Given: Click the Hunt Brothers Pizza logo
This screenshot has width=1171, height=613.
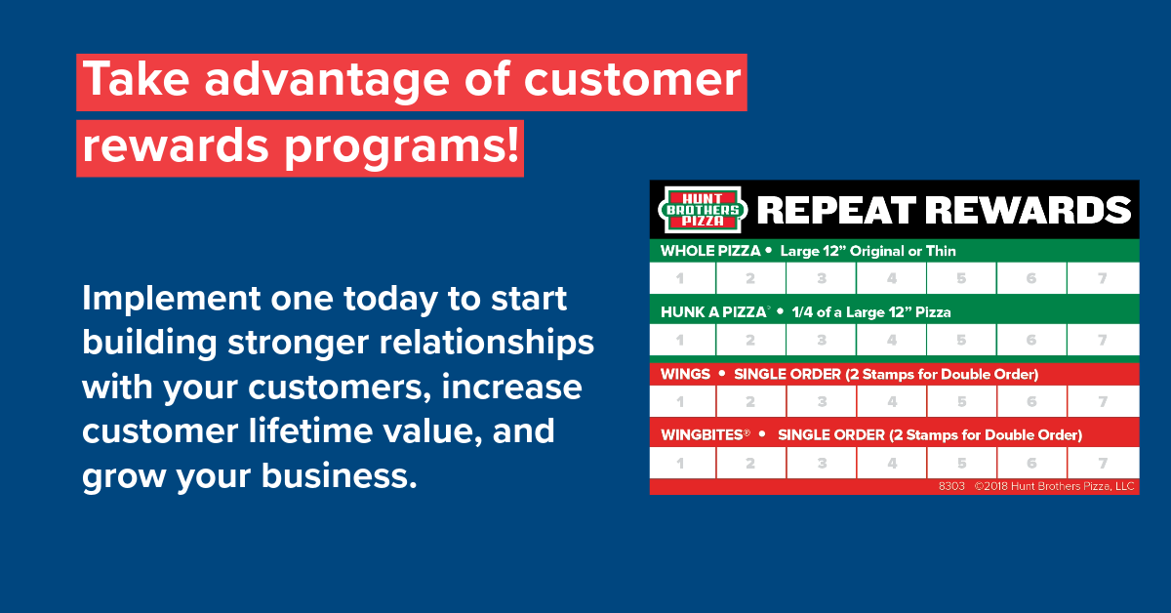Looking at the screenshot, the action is click(702, 210).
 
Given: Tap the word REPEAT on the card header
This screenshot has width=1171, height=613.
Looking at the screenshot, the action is click(836, 210).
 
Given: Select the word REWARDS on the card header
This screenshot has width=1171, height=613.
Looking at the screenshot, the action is click(1029, 210).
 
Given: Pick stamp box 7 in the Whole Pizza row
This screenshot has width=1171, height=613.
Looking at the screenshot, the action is click(1103, 278).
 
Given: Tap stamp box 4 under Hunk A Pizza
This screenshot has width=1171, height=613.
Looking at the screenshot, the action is click(892, 340).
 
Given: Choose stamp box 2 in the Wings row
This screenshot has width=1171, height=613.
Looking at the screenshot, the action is click(750, 402).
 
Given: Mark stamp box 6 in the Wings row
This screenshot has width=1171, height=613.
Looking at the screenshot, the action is click(1032, 402).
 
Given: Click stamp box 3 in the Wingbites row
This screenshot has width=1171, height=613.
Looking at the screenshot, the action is click(822, 463).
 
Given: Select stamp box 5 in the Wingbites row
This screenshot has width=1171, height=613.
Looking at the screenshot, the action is click(962, 463).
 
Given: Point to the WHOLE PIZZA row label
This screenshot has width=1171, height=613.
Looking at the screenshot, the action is click(710, 251).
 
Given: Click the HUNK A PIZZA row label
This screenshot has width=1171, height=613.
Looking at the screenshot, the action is click(713, 312).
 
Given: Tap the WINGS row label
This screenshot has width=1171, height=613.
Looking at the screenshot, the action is click(685, 374).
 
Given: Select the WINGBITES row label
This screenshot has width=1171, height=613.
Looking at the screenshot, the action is click(704, 434).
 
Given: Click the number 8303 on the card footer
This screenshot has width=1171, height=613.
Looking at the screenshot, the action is click(951, 486).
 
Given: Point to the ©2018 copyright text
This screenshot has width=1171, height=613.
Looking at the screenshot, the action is click(1054, 486).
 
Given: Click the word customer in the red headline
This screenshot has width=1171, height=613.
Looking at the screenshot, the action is click(632, 79).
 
